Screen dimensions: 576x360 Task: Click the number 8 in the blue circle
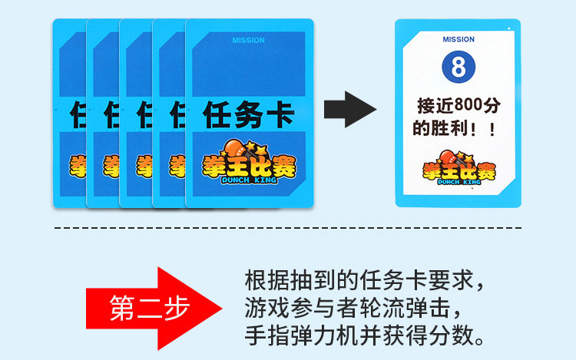458,67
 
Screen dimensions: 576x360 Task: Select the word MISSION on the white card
458,39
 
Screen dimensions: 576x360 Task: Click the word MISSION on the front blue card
248,40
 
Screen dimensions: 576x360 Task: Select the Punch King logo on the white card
458,168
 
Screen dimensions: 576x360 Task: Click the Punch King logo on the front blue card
248,162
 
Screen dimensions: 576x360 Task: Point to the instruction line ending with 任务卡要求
365,278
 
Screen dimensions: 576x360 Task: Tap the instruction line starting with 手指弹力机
365,336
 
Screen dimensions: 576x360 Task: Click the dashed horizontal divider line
288,228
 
